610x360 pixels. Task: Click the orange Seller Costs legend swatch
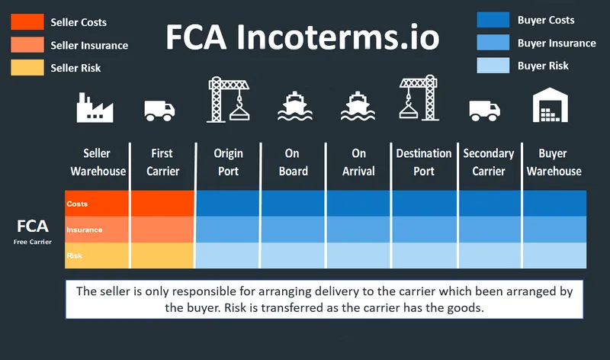click(27, 22)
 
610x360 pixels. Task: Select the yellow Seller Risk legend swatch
click(27, 67)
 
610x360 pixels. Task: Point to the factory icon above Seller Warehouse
click(95, 108)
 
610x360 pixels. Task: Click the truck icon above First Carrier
click(160, 111)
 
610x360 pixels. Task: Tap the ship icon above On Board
click(294, 107)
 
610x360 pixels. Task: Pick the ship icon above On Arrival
click(357, 107)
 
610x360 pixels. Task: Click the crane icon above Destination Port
click(418, 100)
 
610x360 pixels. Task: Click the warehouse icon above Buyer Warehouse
click(553, 106)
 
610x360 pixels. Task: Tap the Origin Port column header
click(229, 162)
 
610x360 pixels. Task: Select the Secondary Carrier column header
click(489, 162)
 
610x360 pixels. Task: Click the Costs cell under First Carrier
click(162, 204)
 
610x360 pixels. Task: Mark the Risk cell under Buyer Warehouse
click(554, 256)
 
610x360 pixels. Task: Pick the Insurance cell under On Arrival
click(358, 229)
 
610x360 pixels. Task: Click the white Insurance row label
click(85, 230)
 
